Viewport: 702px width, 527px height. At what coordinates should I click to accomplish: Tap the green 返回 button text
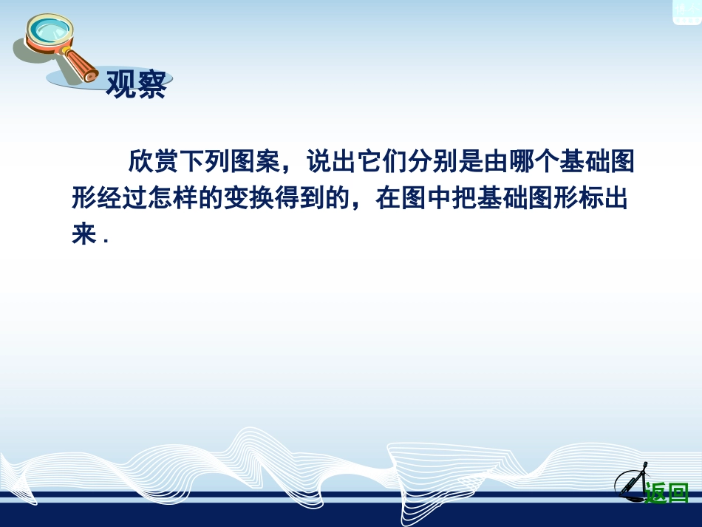pyautogui.click(x=667, y=492)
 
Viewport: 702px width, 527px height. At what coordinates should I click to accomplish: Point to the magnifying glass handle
pyautogui.click(x=81, y=66)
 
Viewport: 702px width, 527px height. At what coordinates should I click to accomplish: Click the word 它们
pyautogui.click(x=380, y=161)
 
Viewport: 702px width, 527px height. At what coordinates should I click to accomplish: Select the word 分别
pyautogui.click(x=430, y=161)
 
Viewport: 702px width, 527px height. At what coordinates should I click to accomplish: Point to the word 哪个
pyautogui.click(x=531, y=161)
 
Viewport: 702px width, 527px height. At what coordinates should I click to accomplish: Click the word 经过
pyautogui.click(x=122, y=198)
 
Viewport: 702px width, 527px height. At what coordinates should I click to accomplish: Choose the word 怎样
pyautogui.click(x=172, y=198)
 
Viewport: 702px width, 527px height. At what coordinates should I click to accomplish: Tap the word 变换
pyautogui.click(x=248, y=198)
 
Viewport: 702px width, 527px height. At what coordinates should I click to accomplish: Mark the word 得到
pyautogui.click(x=299, y=198)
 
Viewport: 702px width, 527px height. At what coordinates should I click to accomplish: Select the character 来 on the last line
pyautogui.click(x=84, y=235)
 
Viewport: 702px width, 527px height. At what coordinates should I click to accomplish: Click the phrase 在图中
pyautogui.click(x=412, y=198)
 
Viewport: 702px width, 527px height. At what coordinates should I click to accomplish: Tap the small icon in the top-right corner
pyautogui.click(x=686, y=11)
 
